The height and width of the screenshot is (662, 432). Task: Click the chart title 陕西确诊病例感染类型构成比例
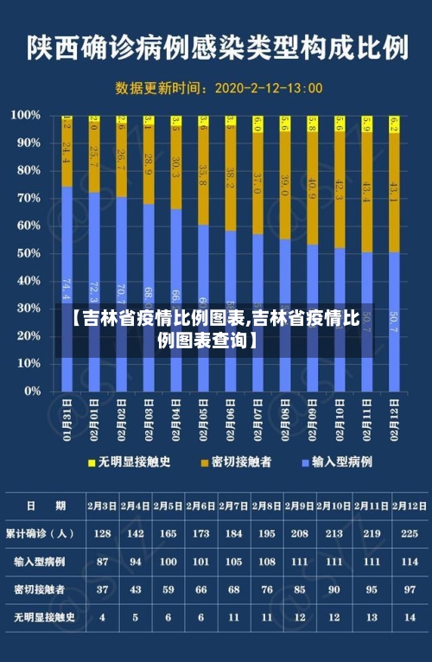(217, 48)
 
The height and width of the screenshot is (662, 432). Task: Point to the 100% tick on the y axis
(27, 115)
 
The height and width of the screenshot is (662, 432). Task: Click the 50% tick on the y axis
(29, 253)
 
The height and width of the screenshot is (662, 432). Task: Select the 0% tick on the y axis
(32, 391)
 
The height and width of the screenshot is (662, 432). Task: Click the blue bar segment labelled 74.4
(67, 285)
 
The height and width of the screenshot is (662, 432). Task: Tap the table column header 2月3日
(102, 506)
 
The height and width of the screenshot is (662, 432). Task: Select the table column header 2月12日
(410, 506)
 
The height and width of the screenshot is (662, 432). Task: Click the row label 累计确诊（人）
(41, 533)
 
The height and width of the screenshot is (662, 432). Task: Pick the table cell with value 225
(410, 533)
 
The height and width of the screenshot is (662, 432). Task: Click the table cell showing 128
(102, 533)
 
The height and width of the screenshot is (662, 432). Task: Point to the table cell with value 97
(410, 589)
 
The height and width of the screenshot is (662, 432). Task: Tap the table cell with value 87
(102, 562)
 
